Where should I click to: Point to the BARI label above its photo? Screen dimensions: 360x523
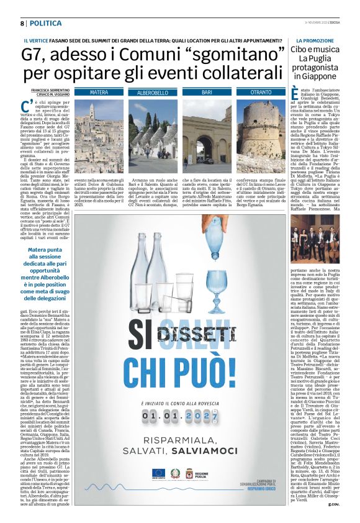click(207, 92)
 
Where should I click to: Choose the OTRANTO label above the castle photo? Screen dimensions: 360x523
click(259, 92)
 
